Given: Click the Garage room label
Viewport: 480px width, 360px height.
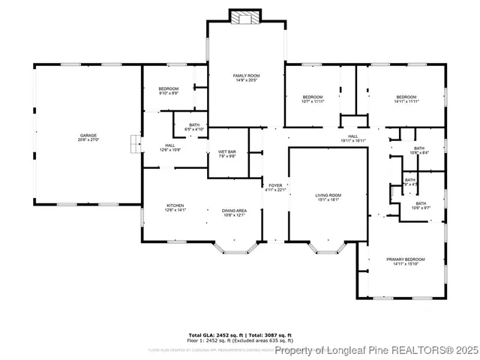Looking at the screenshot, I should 88,135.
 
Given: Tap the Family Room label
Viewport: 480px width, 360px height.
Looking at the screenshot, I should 246,76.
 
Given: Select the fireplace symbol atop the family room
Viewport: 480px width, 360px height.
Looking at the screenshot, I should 246,18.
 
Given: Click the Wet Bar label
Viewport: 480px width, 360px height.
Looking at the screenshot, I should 227,154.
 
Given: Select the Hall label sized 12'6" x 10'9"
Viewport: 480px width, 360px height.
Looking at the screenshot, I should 170,147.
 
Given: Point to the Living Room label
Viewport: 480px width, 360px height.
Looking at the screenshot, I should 328,197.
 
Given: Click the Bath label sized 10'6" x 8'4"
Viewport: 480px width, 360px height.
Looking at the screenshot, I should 419,151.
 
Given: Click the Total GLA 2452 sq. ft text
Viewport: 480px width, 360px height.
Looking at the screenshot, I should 212,334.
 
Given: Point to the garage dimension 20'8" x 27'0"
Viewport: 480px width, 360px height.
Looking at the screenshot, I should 88,139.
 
